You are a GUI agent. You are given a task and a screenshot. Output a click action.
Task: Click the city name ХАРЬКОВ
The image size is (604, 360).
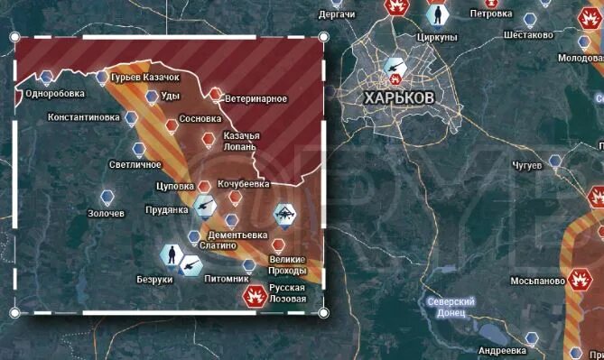tap(396, 96)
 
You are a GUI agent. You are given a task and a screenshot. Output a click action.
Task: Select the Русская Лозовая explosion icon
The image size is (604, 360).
tap(253, 296)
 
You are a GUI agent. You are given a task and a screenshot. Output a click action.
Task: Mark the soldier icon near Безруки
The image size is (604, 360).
tap(169, 255)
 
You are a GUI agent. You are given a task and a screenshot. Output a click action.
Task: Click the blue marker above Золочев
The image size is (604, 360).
tap(107, 196)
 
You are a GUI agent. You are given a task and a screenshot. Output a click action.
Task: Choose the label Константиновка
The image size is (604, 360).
tap(83, 117)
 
